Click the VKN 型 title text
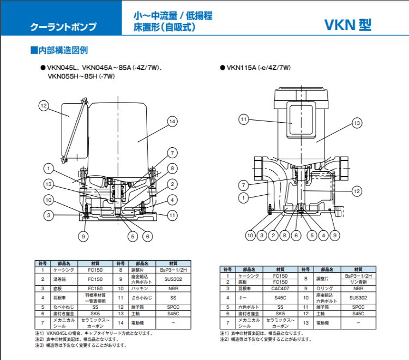349,25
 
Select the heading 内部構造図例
61,50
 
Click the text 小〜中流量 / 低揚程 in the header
173,16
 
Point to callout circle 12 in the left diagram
44,105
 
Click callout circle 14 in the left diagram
173,122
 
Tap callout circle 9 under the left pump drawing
83,236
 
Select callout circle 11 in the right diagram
244,119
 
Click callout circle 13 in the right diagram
357,123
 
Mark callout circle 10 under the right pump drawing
250,236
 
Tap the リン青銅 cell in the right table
358,281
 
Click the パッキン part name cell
142,288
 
